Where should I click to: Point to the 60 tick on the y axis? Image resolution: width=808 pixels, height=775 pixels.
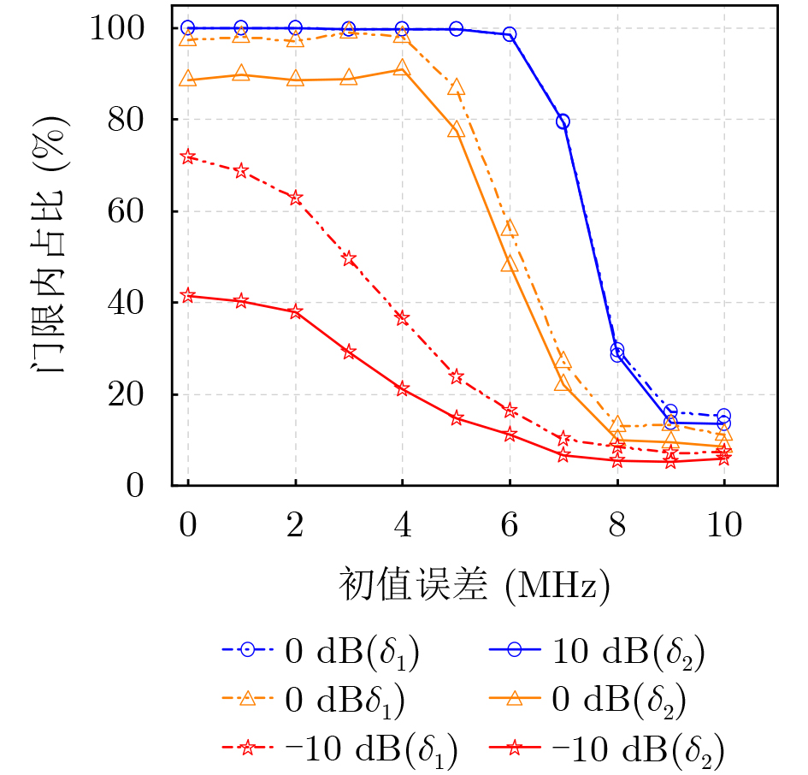136,211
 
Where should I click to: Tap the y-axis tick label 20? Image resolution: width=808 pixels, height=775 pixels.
136,394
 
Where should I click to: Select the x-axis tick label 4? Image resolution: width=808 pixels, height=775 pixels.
402,524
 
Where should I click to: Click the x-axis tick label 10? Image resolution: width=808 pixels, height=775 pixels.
723,524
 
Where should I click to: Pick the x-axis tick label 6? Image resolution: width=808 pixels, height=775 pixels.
510,524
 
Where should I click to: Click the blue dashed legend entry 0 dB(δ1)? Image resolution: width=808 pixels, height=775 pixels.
342,652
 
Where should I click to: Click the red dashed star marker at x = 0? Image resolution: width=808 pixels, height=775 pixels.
188,157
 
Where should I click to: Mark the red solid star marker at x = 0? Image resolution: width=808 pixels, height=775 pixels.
188,296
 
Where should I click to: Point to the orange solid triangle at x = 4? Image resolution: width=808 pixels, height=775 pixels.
402,68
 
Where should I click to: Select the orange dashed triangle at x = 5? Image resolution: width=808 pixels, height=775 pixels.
456,87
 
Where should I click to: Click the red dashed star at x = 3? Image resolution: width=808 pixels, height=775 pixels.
349,259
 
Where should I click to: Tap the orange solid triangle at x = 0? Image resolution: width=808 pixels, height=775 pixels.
188,80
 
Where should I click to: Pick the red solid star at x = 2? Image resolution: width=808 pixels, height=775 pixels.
295,311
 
